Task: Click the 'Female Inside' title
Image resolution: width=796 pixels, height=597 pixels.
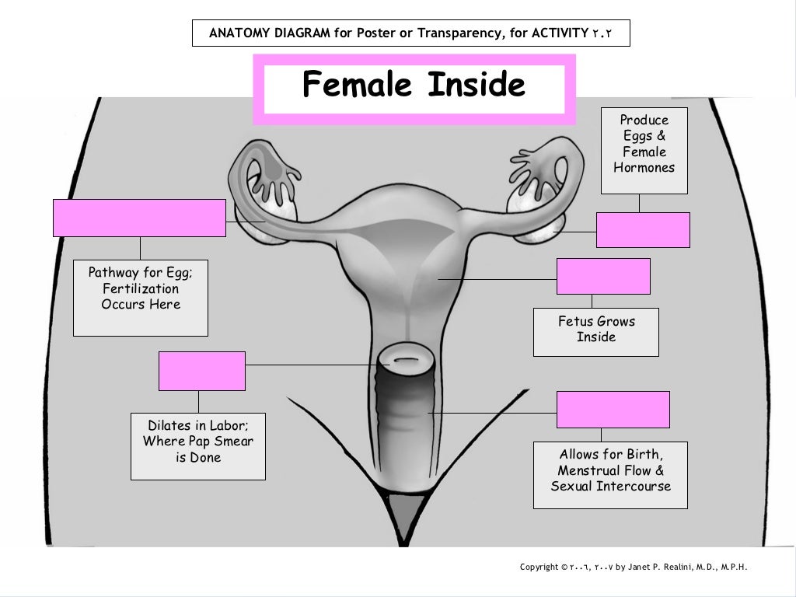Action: click(x=414, y=86)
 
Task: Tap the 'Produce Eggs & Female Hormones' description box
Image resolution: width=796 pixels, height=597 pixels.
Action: click(x=644, y=150)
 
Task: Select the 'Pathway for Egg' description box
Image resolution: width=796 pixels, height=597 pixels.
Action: click(x=140, y=297)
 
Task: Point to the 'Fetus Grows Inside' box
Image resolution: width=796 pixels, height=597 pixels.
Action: click(x=595, y=331)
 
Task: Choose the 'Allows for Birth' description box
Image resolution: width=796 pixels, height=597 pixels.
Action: click(x=610, y=474)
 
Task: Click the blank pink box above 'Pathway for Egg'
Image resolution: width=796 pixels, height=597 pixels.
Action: click(x=139, y=218)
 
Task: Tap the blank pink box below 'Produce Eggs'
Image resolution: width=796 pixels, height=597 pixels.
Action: click(x=643, y=230)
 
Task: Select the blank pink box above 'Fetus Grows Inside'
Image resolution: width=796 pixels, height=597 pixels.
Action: click(x=603, y=277)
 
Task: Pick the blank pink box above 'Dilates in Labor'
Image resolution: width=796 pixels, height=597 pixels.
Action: click(x=201, y=371)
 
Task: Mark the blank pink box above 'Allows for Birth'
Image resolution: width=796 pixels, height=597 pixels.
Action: click(x=613, y=410)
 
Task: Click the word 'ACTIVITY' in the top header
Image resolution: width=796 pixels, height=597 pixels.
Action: click(x=560, y=33)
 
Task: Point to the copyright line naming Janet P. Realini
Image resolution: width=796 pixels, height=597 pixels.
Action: click(x=633, y=567)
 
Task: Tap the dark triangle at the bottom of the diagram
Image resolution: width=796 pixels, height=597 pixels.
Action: click(x=401, y=512)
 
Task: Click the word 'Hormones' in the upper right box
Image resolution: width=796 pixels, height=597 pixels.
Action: click(x=644, y=168)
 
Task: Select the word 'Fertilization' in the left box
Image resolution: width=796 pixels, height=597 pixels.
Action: click(x=140, y=288)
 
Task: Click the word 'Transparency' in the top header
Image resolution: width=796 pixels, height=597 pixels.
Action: click(x=459, y=33)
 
